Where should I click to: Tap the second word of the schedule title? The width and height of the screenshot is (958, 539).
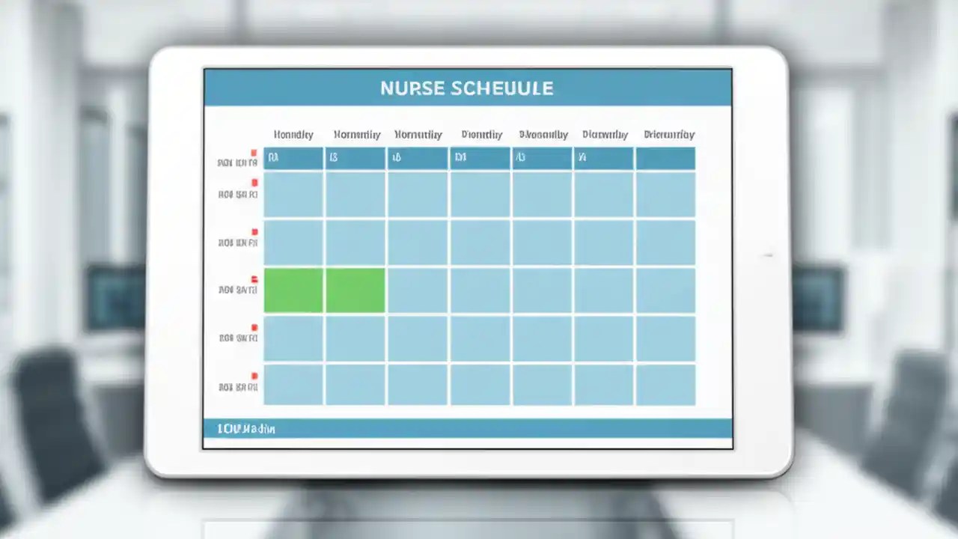503,88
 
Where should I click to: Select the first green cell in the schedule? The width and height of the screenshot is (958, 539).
293,290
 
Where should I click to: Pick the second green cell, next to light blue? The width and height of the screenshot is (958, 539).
356,290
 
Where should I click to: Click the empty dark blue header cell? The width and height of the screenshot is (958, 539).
665,158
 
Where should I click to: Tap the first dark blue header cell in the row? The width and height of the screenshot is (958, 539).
293,158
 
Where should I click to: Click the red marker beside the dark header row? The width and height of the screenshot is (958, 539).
254,153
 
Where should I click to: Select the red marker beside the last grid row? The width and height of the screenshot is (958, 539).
254,376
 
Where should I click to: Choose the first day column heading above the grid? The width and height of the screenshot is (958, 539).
293,135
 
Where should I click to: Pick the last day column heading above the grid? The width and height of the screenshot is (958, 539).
669,135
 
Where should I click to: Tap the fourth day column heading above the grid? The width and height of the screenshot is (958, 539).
481,135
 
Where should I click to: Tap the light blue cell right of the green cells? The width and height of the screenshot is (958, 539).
418,290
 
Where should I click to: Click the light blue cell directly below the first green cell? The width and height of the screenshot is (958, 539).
293,338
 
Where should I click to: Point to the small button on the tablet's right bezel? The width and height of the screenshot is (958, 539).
767,256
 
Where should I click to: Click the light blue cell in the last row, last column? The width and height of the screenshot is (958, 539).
665,385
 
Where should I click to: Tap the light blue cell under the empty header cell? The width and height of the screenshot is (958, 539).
665,195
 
